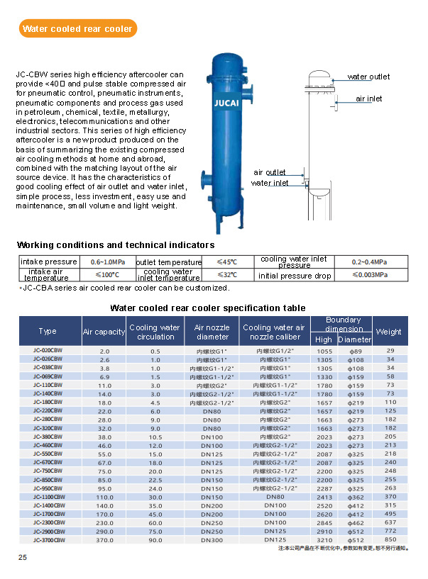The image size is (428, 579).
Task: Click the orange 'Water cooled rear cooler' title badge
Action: (x=77, y=29)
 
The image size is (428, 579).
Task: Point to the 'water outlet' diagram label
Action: (x=368, y=77)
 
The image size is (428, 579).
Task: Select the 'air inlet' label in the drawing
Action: (x=369, y=99)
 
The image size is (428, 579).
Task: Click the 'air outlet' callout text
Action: (x=270, y=172)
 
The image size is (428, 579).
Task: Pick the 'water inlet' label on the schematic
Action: (x=270, y=184)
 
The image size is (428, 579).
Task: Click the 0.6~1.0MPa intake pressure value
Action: (x=106, y=262)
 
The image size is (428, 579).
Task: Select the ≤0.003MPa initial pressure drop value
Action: (x=370, y=275)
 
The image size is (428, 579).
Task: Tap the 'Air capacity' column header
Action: (x=104, y=332)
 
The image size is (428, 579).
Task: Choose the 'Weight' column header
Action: (x=388, y=332)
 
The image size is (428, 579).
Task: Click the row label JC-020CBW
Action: (x=48, y=351)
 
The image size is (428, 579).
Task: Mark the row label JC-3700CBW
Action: (x=48, y=541)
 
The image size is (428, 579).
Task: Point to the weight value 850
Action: (x=390, y=541)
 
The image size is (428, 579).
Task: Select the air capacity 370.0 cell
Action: (x=105, y=541)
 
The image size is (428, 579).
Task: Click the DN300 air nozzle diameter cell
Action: (x=212, y=541)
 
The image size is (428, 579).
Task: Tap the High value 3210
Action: (x=324, y=541)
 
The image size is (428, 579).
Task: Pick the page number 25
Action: (x=23, y=558)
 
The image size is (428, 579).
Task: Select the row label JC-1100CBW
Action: (x=48, y=498)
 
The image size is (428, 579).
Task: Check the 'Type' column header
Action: (x=48, y=332)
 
